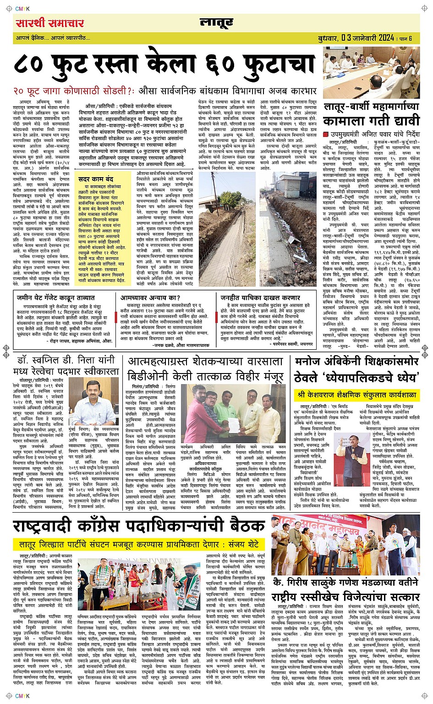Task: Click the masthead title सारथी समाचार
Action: pyautogui.click(x=49, y=23)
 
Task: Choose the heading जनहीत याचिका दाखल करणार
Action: pyautogui.click(x=253, y=298)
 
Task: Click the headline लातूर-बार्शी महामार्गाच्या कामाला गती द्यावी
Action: pyautogui.click(x=371, y=114)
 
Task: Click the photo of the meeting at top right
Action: pyautogui.click(x=371, y=72)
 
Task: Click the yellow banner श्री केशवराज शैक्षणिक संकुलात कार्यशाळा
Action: pyautogui.click(x=356, y=394)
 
